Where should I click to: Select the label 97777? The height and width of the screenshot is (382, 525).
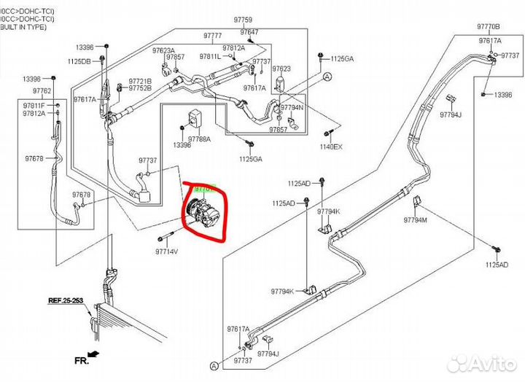click(x=213, y=36)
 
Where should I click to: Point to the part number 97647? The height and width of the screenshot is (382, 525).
click(x=249, y=32)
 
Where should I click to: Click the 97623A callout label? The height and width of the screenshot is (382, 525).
click(x=163, y=50)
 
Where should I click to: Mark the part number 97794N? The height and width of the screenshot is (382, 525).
click(x=292, y=107)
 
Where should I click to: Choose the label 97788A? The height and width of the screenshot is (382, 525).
click(x=199, y=139)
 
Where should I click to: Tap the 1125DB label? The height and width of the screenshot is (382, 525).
click(x=79, y=61)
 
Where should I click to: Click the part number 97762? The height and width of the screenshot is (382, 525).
click(x=42, y=91)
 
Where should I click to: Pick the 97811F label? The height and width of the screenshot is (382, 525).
click(x=34, y=106)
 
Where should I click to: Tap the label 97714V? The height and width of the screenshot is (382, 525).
click(x=166, y=251)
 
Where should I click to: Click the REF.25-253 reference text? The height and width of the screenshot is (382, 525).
click(x=66, y=300)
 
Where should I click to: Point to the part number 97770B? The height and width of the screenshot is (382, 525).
click(x=489, y=26)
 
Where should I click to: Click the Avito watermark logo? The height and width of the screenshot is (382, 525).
click(x=481, y=363)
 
